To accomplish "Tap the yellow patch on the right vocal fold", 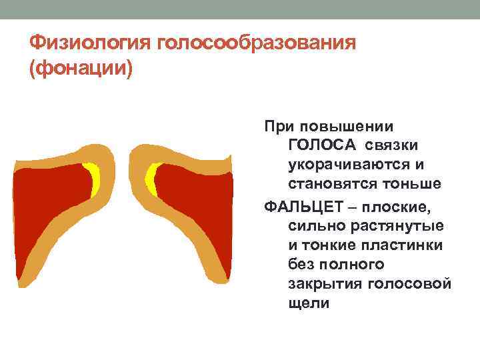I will click(152, 178).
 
